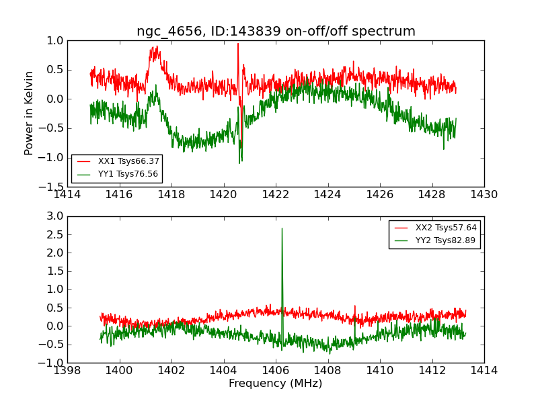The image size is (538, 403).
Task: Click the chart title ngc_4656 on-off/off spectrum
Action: pyautogui.click(x=276, y=32)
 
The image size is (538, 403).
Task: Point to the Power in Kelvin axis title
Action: pyautogui.click(x=29, y=113)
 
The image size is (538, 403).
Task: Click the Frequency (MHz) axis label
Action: pyautogui.click(x=276, y=384)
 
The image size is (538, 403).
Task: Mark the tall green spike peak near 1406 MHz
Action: pyautogui.click(x=282, y=228)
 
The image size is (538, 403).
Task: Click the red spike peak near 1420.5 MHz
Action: pyautogui.click(x=237, y=44)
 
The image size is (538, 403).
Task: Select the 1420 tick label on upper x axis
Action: pyautogui.click(x=224, y=195)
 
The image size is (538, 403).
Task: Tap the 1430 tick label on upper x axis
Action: pyautogui.click(x=484, y=195)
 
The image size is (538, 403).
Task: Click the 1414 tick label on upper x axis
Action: pyautogui.click(x=67, y=195)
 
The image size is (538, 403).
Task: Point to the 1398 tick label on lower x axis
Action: pyautogui.click(x=67, y=370)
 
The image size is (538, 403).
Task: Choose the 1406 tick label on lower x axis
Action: pyautogui.click(x=276, y=370)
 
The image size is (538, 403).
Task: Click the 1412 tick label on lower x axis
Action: pyautogui.click(x=432, y=370)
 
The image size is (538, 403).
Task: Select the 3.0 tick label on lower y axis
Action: pyautogui.click(x=56, y=216)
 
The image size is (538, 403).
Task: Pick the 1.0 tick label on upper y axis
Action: pyautogui.click(x=56, y=41)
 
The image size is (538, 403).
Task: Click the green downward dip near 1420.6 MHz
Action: pyautogui.click(x=239, y=162)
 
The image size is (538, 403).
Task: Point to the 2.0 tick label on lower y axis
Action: pyautogui.click(x=56, y=253)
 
